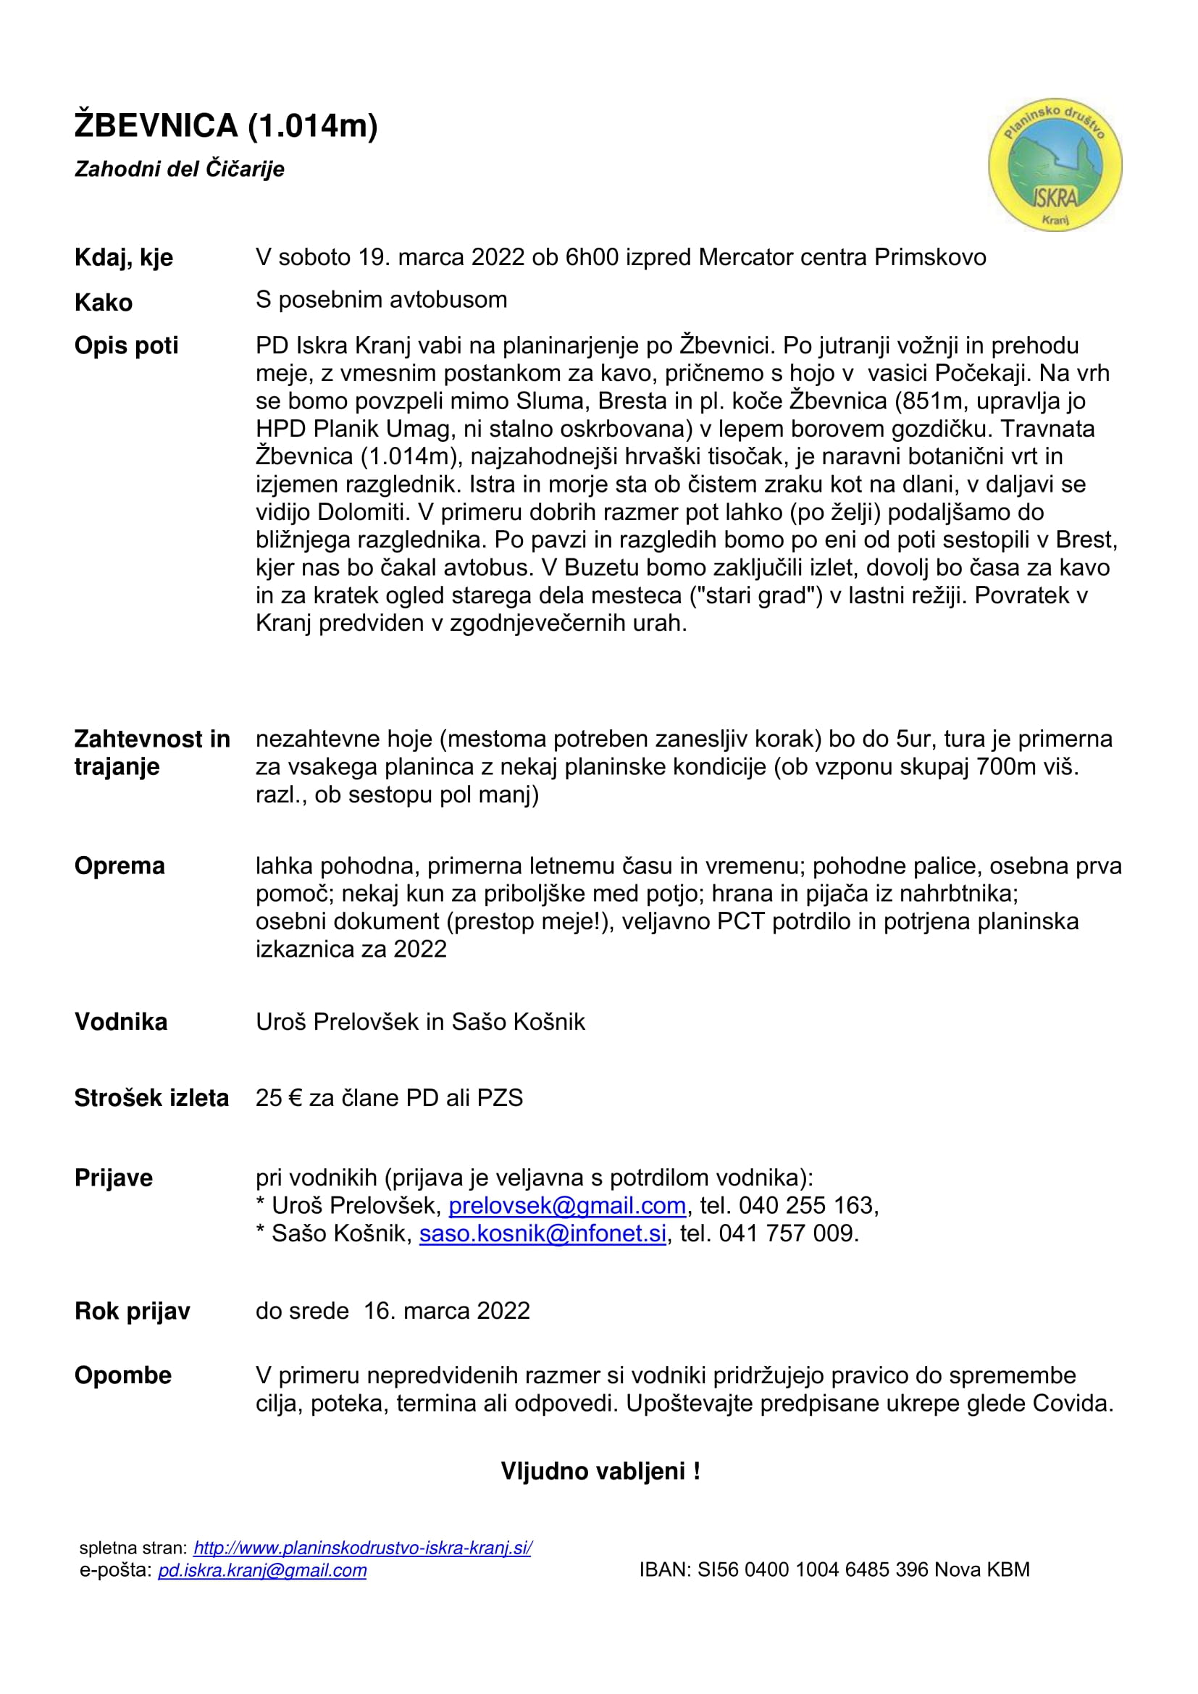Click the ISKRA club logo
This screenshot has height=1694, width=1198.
click(x=1055, y=165)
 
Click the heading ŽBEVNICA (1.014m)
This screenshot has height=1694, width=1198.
click(x=226, y=125)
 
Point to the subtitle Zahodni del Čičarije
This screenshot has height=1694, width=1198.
click(x=179, y=169)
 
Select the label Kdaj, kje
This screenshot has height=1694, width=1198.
click(x=124, y=258)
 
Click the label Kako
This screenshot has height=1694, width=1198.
click(x=104, y=303)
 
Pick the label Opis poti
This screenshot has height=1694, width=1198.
click(x=126, y=345)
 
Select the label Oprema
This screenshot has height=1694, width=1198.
click(x=120, y=865)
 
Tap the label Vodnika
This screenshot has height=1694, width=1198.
click(x=121, y=1022)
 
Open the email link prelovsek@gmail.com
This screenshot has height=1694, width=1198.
click(x=566, y=1205)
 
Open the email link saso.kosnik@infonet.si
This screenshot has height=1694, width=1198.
click(x=543, y=1233)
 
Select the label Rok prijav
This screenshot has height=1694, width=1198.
click(x=132, y=1311)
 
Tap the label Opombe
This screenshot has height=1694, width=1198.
click(x=123, y=1375)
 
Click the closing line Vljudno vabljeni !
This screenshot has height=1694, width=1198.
click(x=600, y=1470)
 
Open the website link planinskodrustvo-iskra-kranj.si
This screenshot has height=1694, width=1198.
click(x=362, y=1548)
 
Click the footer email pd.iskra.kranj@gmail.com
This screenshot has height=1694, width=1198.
click(x=263, y=1570)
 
